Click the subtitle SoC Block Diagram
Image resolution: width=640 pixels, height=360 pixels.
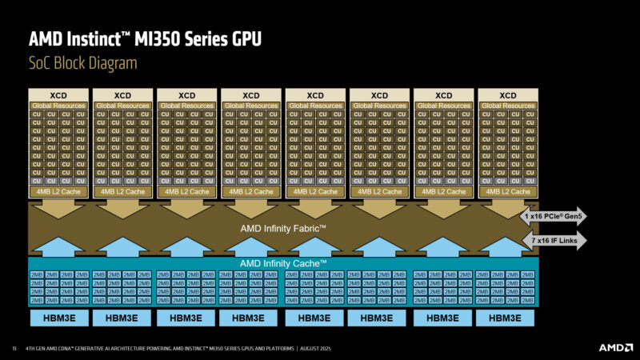[x=82, y=63]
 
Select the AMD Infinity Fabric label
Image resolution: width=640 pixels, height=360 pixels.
[x=284, y=229]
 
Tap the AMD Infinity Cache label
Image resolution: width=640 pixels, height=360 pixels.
[x=284, y=263]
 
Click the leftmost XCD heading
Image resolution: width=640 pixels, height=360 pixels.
[x=58, y=95]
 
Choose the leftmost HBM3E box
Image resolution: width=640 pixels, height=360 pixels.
[x=58, y=318]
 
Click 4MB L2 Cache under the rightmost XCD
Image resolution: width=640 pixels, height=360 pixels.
[x=508, y=192]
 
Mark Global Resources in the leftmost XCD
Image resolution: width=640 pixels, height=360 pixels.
[x=58, y=106]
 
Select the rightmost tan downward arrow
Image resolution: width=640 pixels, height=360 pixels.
[x=508, y=210]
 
